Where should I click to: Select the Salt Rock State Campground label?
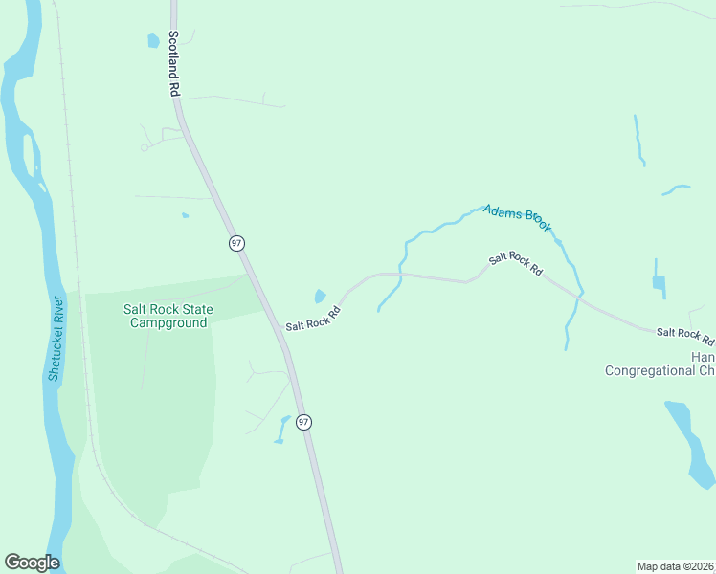[168, 316]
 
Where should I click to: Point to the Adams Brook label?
[518, 218]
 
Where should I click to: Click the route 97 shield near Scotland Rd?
[236, 243]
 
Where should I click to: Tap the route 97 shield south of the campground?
[303, 421]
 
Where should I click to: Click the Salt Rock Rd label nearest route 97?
[313, 319]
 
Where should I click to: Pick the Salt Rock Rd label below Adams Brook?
[515, 265]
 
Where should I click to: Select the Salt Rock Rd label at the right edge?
[684, 335]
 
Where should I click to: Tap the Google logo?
[32, 563]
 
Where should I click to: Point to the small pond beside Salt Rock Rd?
[320, 297]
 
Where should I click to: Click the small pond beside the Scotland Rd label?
[152, 41]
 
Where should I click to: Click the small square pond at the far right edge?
[659, 282]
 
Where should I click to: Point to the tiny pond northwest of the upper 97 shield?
[185, 215]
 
